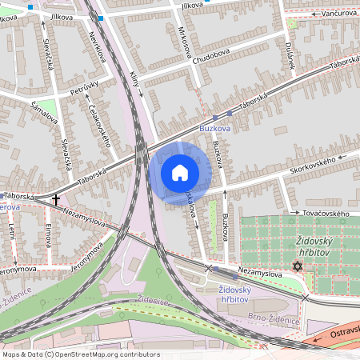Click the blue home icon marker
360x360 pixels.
180,173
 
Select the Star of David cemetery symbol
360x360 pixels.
298,266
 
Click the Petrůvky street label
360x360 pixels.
83,87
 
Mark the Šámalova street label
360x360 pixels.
45,112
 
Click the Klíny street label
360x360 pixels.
134,82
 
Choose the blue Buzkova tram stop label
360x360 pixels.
214,127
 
